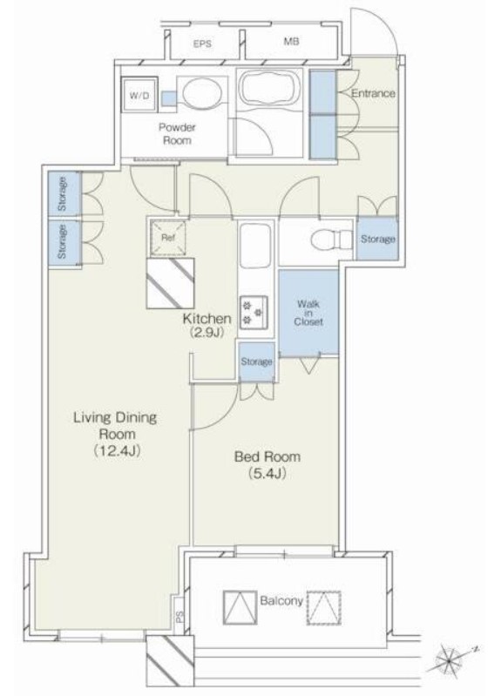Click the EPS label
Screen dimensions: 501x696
pos(202,44)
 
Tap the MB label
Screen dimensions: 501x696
pos(291,41)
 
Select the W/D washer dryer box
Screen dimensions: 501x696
pos(139,95)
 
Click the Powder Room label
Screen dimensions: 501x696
pos(177,134)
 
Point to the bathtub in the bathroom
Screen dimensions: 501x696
pos(269,88)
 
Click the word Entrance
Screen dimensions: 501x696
pos(373,93)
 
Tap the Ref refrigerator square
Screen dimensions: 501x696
pos(168,238)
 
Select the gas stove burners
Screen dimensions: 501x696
pos(254,311)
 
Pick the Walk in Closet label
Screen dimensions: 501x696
pos(308,313)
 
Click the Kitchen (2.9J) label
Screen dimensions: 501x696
pos(207,325)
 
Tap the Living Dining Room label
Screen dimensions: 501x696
pos(116,434)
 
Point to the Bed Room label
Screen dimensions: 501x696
pos(267,465)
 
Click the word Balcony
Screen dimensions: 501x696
pos(281,601)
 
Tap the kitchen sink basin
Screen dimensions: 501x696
pos(254,246)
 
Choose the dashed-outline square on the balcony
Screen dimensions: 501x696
pos(324,607)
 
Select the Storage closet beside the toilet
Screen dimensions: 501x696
pos(377,239)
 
